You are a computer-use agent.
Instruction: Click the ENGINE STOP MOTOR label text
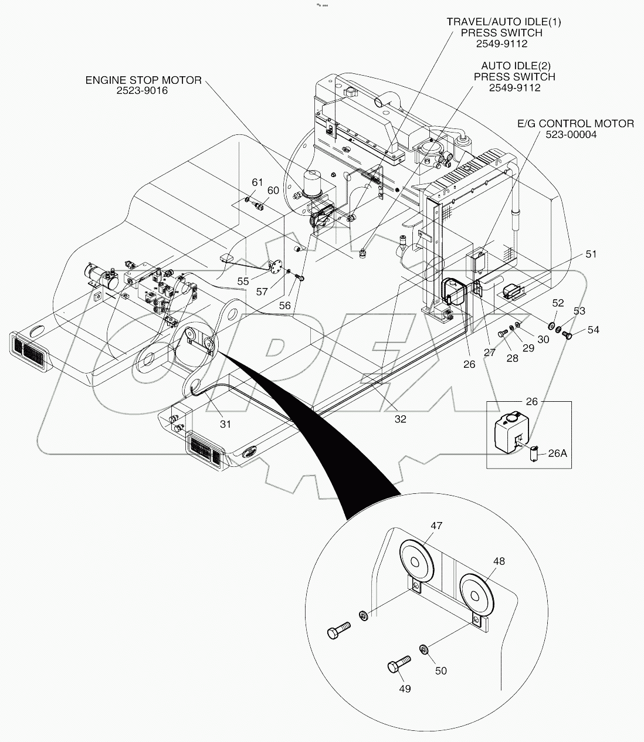143,80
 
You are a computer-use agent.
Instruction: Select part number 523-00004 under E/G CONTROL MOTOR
575,134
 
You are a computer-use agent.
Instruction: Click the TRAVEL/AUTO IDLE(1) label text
503,22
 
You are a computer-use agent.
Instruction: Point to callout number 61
257,182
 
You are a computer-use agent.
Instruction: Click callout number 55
243,282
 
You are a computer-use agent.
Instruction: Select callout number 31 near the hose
225,423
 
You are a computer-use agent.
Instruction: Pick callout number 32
400,419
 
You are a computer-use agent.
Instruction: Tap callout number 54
594,330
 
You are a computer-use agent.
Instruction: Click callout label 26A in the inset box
557,453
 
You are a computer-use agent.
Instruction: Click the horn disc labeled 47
416,562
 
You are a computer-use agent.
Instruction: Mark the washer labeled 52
552,326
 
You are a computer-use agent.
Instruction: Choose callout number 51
591,254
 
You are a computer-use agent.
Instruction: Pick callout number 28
512,358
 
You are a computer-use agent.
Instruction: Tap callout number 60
273,190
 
